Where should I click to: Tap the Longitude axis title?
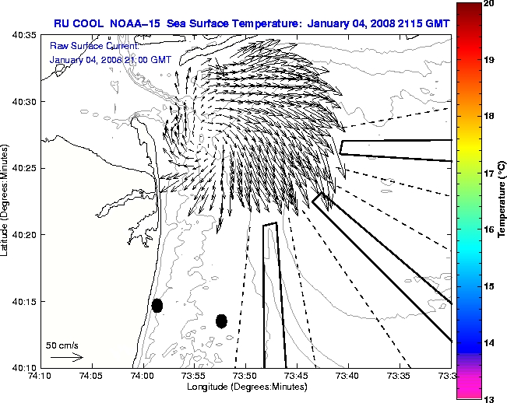[x=245, y=387]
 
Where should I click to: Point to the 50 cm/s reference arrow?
[x=67, y=357]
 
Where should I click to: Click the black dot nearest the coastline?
[x=157, y=305]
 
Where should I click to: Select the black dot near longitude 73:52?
[x=221, y=321]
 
